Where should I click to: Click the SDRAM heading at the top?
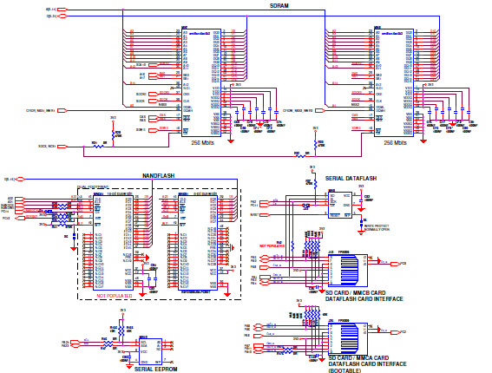(279, 6)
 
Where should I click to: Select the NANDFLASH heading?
(159, 175)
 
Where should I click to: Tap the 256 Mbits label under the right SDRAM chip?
(395, 142)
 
